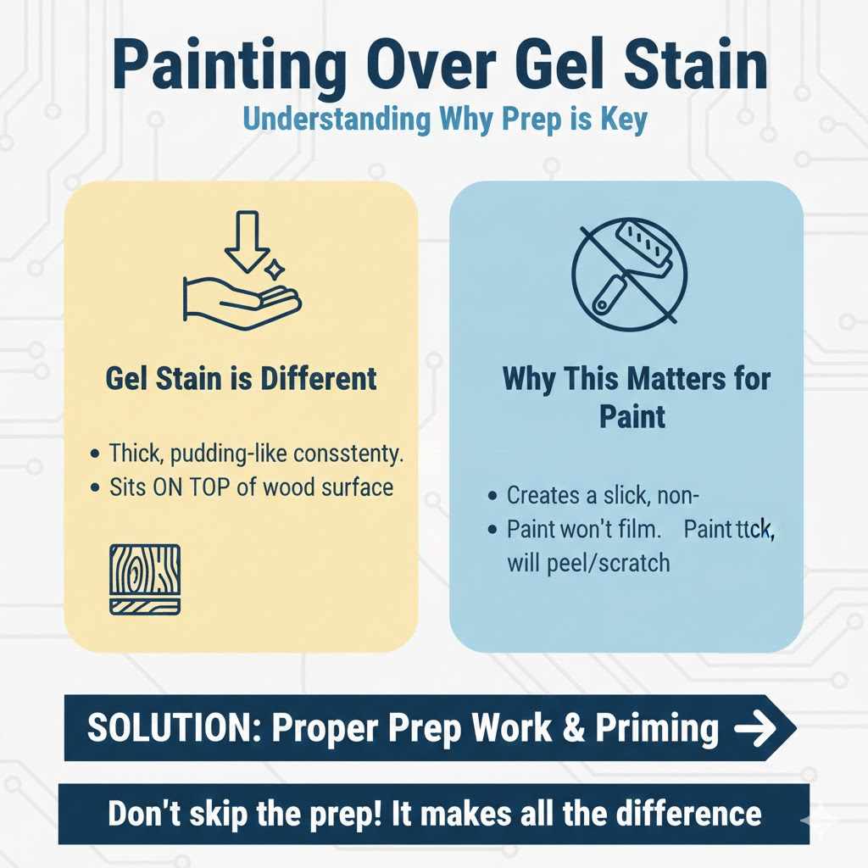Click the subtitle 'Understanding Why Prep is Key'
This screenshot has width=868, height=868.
pyautogui.click(x=433, y=120)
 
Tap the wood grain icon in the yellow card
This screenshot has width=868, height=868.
pyautogui.click(x=144, y=579)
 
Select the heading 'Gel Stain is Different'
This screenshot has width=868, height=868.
pyautogui.click(x=241, y=378)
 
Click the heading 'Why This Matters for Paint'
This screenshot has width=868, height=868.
pyautogui.click(x=637, y=397)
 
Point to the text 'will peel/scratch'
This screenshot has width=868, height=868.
pyautogui.click(x=588, y=563)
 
